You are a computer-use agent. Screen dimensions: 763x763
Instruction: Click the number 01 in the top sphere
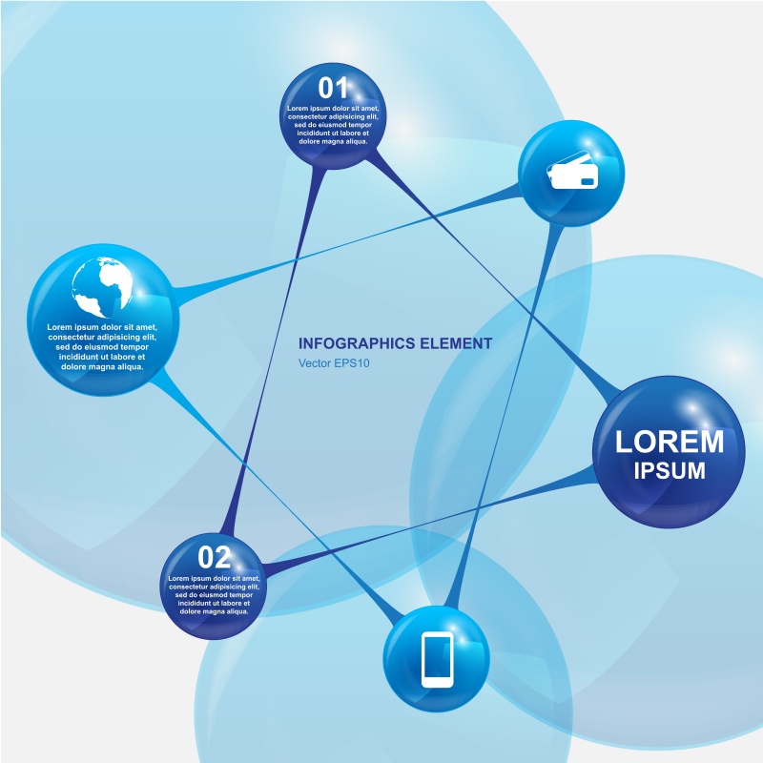(333, 89)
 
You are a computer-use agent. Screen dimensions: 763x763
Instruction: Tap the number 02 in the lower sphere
(215, 557)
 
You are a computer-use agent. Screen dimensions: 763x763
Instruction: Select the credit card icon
(571, 172)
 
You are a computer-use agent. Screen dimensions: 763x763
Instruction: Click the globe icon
(101, 286)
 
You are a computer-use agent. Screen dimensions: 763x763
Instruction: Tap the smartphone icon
(437, 659)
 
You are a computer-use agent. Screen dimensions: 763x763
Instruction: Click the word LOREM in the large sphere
(670, 442)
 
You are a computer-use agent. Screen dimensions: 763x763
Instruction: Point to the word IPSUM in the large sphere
(670, 470)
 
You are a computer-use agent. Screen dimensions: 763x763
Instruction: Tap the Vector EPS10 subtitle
(333, 363)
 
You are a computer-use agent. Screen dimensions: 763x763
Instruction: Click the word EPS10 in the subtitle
(351, 363)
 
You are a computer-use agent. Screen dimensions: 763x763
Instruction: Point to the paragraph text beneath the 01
(334, 125)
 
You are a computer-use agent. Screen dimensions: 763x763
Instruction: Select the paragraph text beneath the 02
(215, 594)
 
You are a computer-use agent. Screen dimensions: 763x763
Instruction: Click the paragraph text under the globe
(101, 347)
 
